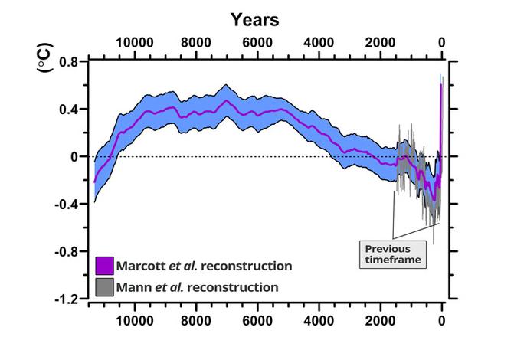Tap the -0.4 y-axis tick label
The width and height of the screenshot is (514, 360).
pos(67,204)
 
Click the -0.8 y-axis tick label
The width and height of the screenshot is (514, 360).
pos(67,251)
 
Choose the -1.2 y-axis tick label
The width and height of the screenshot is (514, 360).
pos(67,299)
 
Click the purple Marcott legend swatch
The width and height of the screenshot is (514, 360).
pos(105,266)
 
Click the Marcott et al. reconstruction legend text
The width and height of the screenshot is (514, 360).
pos(205,266)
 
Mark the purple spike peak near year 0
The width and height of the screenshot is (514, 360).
pos(441,84)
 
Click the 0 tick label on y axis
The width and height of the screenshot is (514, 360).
pos(75,156)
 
